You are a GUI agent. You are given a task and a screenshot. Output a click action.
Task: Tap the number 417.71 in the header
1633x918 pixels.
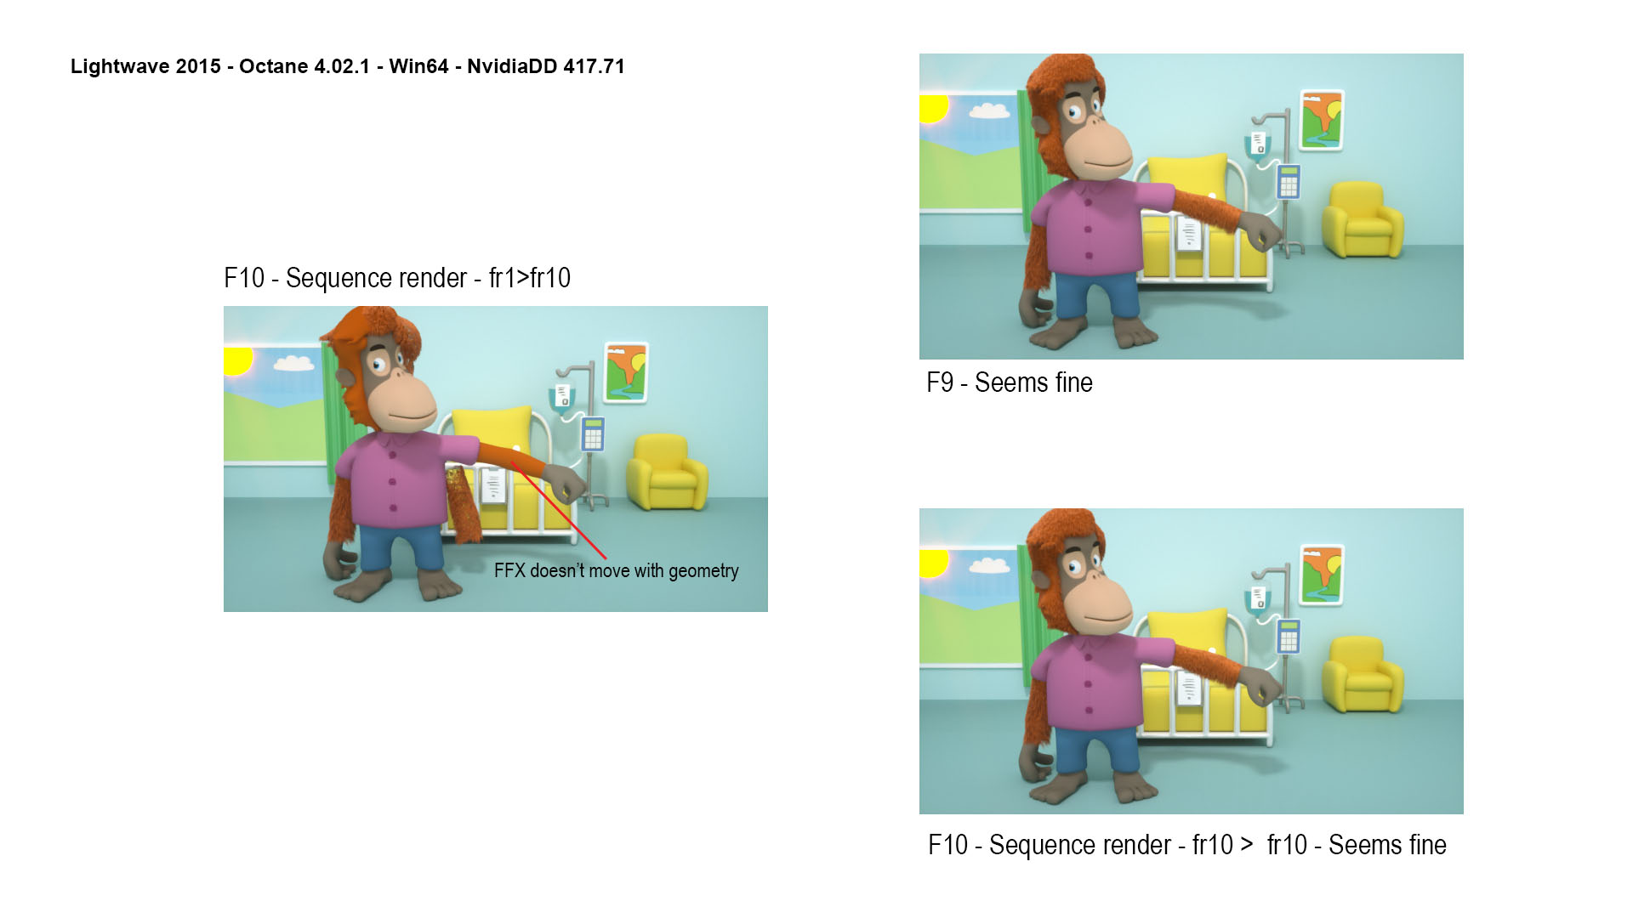click(594, 66)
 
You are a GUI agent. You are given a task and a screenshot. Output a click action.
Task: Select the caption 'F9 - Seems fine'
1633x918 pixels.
click(1010, 382)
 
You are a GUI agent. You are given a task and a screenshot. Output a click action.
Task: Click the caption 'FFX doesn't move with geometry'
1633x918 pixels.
click(617, 570)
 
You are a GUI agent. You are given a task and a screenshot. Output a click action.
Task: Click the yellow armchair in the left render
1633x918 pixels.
click(667, 473)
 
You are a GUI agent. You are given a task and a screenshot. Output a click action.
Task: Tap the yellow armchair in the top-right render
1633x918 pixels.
click(1363, 220)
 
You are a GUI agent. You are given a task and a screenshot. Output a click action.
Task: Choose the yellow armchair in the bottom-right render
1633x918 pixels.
click(1363, 675)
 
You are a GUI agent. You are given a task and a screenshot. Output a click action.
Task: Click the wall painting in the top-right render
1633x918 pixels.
click(1322, 121)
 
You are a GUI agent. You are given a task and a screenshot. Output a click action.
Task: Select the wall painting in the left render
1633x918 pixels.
click(626, 372)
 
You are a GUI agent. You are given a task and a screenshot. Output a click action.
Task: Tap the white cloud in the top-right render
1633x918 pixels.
click(989, 110)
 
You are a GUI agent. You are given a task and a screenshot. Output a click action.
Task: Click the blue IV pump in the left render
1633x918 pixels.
click(593, 433)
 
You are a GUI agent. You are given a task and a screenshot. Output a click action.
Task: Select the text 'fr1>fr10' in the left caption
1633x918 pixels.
click(530, 278)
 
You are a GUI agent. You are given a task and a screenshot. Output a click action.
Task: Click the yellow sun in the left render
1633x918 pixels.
click(237, 360)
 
